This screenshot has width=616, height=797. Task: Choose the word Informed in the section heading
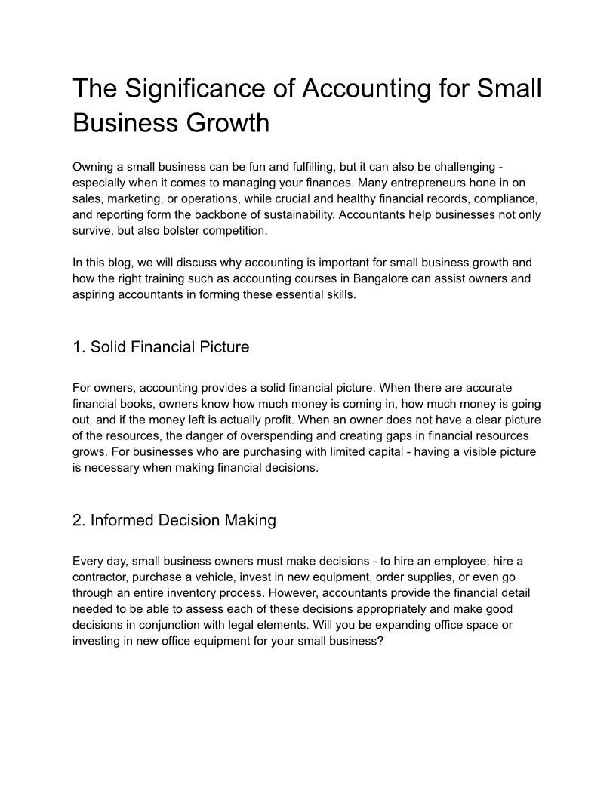pyautogui.click(x=120, y=520)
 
